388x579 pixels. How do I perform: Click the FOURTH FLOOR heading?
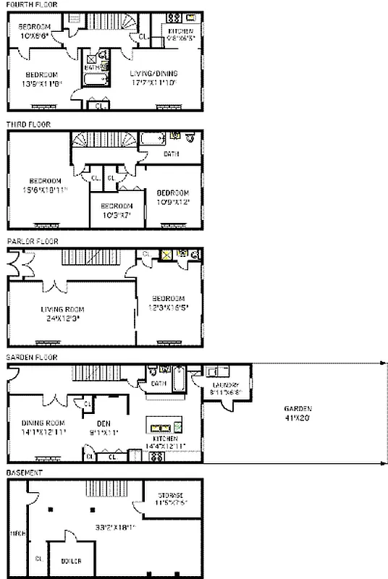33,4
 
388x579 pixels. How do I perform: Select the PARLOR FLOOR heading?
32,241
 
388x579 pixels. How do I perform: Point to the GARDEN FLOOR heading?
33,358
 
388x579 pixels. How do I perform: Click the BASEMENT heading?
25,473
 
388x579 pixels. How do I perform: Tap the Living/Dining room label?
153,74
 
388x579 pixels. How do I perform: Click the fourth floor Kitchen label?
181,32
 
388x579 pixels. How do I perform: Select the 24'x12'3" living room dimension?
60,317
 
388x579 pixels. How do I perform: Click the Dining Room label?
44,423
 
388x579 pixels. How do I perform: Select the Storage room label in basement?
172,496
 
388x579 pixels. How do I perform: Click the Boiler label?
70,561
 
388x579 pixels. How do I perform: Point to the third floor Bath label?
172,153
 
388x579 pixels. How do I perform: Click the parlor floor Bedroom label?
168,298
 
